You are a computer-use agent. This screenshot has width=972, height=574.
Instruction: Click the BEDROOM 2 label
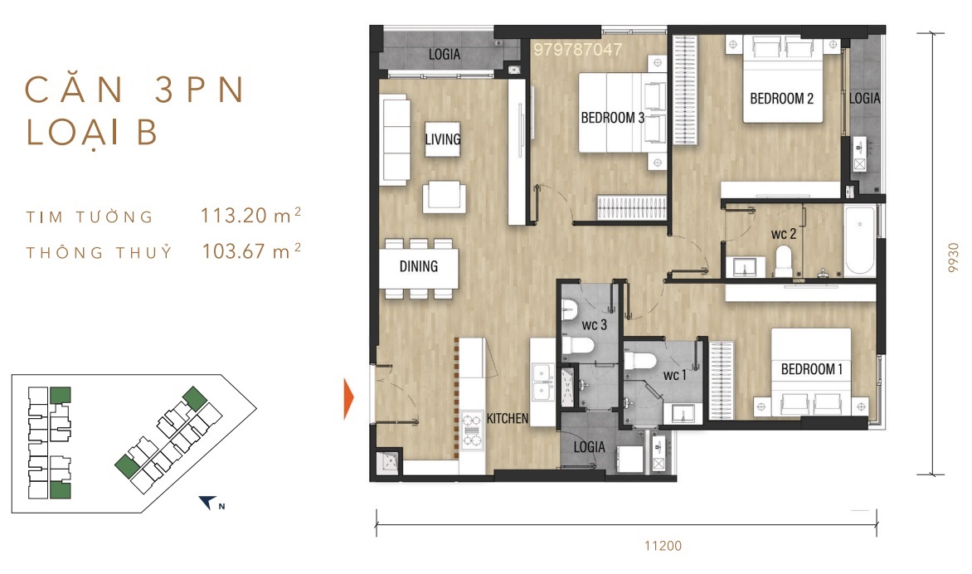[781, 99]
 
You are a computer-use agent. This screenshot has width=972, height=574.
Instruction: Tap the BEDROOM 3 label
[612, 118]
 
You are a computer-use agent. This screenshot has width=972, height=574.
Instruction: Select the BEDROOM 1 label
[811, 369]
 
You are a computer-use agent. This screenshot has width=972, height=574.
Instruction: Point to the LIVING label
[443, 139]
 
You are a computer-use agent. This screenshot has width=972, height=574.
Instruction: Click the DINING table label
[419, 266]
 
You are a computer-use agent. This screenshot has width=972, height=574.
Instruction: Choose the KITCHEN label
[507, 418]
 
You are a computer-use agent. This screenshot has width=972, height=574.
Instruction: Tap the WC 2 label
[784, 234]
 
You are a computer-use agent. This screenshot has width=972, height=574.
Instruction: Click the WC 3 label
[594, 325]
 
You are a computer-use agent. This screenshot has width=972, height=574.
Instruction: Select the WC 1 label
[675, 375]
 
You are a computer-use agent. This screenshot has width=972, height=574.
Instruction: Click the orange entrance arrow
[348, 399]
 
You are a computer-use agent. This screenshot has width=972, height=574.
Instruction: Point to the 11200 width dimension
[663, 546]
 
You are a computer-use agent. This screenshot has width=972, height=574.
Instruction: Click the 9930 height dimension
[954, 257]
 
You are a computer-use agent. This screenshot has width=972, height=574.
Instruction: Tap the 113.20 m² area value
[250, 215]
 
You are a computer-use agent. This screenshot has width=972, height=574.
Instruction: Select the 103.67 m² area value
[251, 251]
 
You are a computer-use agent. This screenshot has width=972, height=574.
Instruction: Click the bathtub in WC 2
[860, 241]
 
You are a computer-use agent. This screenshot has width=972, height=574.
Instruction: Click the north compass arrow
[207, 502]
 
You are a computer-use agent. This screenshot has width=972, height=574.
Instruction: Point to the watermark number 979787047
[577, 50]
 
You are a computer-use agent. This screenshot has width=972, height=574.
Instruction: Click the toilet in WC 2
[784, 261]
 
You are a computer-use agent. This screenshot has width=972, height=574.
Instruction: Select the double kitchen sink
[542, 382]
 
